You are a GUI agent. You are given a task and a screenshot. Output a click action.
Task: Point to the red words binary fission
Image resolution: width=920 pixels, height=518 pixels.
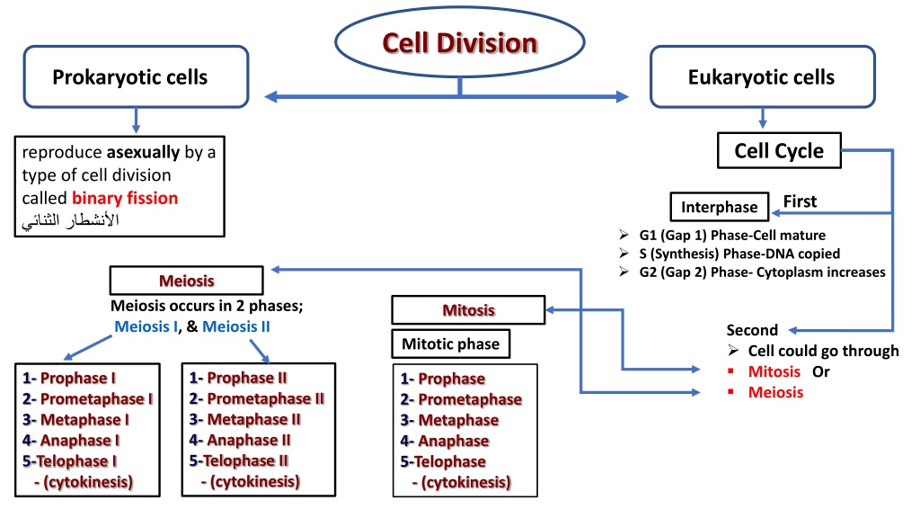(125, 198)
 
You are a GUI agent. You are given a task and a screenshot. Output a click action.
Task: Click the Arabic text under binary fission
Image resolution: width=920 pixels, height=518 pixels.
(70, 221)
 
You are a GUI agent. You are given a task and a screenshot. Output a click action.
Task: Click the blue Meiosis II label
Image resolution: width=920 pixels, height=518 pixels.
(236, 326)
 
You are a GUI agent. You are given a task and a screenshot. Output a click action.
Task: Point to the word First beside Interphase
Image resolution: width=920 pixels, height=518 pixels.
(800, 201)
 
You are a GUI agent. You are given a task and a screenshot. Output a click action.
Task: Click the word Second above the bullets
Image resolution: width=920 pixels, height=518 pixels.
(752, 330)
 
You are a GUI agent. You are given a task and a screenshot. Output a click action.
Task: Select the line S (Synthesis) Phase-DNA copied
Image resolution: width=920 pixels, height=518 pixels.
(739, 254)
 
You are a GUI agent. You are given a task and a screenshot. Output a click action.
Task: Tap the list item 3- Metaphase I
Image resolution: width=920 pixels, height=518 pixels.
(75, 420)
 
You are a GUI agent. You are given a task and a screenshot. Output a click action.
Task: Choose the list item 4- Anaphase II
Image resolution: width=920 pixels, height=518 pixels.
(239, 440)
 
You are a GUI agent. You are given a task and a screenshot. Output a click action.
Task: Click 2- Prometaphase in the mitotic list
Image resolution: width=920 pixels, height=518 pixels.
(461, 399)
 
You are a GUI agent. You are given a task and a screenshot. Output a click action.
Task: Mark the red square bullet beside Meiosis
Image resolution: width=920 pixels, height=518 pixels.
(730, 392)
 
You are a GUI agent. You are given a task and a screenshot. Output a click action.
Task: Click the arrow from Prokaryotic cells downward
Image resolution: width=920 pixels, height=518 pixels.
(137, 121)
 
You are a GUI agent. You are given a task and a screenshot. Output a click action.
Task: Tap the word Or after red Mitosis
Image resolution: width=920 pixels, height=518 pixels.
(821, 371)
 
